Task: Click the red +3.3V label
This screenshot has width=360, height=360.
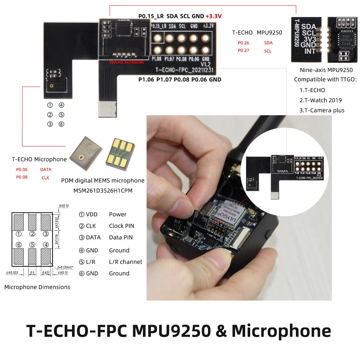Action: [213, 16]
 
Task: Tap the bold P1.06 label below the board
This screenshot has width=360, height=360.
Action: [146, 80]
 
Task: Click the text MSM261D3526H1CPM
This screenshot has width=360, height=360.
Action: [103, 190]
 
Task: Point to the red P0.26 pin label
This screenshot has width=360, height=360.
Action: [243, 43]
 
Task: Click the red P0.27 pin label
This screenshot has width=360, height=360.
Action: [243, 51]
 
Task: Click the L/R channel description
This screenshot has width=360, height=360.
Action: [125, 262]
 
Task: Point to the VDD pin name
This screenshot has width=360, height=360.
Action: [92, 215]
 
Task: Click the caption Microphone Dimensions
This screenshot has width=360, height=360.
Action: [37, 287]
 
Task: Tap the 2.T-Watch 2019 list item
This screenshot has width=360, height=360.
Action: [320, 100]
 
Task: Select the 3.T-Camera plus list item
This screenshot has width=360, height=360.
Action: [321, 111]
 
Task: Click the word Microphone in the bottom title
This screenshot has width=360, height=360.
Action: [281, 331]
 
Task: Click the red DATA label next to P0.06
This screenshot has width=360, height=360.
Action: [46, 170]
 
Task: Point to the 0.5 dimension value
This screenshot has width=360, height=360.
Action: [32, 273]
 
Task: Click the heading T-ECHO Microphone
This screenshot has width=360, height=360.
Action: [39, 159]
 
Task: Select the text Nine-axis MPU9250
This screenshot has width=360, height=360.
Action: [326, 70]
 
